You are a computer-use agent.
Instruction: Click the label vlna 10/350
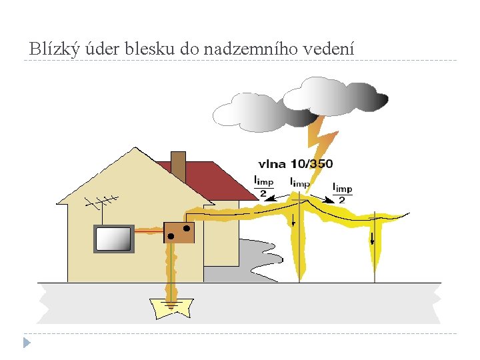295,164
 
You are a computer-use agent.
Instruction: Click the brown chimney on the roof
178,165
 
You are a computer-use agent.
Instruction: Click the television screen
113,239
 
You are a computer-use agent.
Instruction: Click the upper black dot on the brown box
187,229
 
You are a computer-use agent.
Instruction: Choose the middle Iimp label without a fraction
300,182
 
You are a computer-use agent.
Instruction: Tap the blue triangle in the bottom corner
27,343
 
